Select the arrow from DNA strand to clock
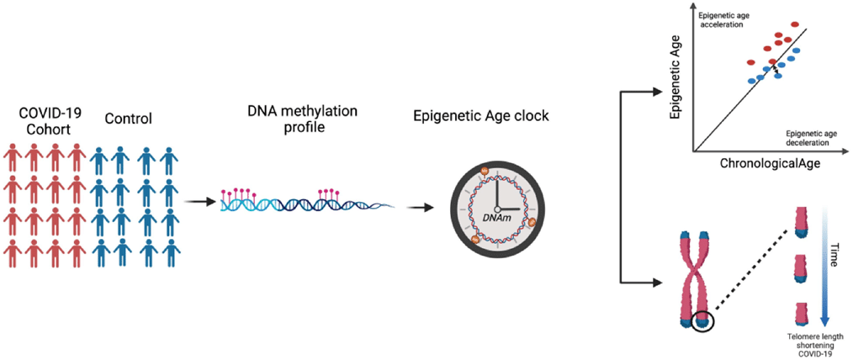point(421,207)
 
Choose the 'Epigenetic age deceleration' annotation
point(808,138)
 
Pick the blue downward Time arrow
point(822,267)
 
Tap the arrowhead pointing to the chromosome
point(659,283)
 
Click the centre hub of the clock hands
point(496,209)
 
